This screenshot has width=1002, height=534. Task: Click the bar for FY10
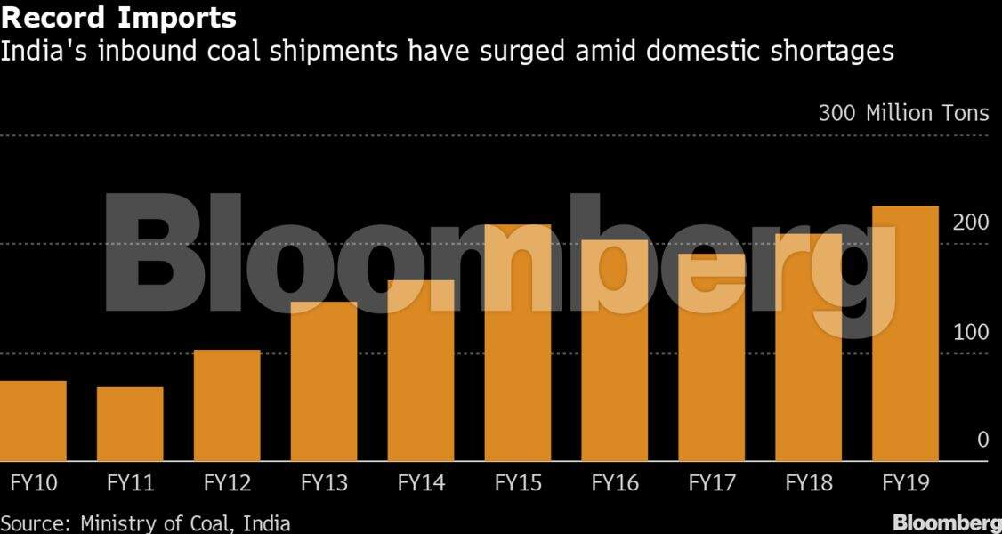[33, 420]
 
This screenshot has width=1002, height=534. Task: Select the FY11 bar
[130, 424]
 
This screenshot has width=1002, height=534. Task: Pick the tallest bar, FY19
[905, 333]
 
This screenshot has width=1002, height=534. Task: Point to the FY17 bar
[712, 357]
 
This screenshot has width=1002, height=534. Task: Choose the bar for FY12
[227, 405]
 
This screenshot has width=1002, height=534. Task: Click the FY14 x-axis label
[421, 483]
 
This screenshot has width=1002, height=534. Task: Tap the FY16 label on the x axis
[615, 483]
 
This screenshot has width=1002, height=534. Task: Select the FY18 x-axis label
[809, 483]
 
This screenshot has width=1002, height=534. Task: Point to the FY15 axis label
[518, 483]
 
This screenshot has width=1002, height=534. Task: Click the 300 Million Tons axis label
[903, 114]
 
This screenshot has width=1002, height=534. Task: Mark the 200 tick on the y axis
[970, 222]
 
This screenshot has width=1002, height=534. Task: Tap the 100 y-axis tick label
[970, 332]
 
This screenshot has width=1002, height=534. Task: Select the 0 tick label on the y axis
[982, 440]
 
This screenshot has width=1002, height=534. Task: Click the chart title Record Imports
[118, 17]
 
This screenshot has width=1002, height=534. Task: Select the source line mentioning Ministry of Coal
[145, 522]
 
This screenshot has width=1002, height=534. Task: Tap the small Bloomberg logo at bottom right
[947, 522]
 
